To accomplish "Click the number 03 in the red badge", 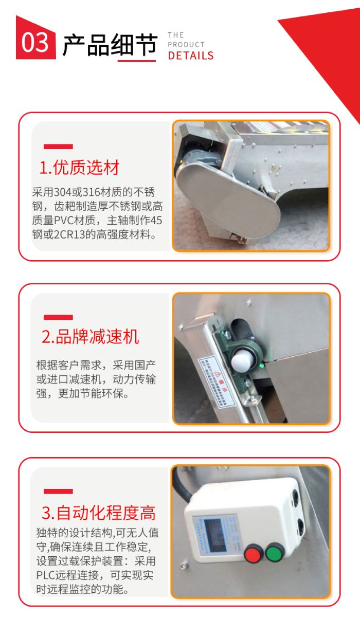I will coord(35,43).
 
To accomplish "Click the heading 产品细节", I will coord(109,45).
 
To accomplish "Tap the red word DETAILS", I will coord(190,56).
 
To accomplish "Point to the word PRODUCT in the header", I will coord(186,45).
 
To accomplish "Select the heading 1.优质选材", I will coord(80,168).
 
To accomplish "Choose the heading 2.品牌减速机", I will coord(91,337).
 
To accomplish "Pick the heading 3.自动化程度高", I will coord(98,513).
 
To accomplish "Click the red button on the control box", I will coord(253,555).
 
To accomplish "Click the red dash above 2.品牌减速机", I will coord(58,317).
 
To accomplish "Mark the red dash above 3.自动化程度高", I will coord(58,492).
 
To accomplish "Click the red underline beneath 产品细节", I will coord(136,61).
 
